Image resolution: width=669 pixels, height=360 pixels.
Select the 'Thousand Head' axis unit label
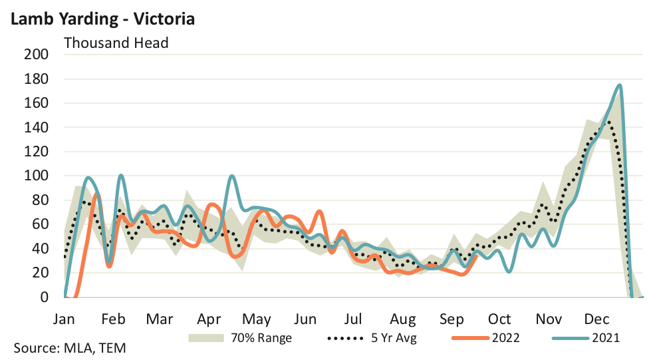(116, 43)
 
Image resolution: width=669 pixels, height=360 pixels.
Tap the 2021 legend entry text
(606, 337)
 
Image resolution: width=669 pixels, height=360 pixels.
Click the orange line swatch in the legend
(470, 337)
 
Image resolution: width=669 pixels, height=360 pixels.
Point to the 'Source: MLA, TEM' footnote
(70, 348)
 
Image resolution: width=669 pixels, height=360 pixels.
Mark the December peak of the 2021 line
(620, 85)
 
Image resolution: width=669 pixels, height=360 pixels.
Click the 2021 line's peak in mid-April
(231, 176)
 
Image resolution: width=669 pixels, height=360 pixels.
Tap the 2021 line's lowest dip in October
(509, 271)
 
